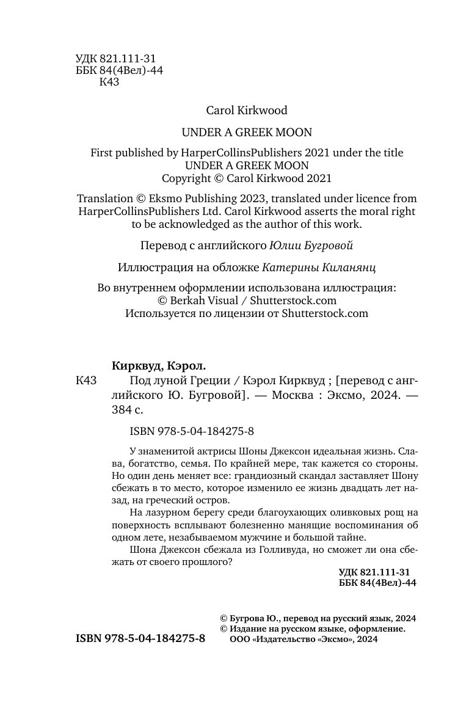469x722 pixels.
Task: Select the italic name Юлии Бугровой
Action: coord(311,246)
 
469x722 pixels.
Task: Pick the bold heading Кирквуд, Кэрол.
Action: coord(159,366)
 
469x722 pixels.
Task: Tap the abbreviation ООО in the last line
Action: coord(239,639)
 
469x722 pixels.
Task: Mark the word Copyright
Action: coord(186,178)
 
